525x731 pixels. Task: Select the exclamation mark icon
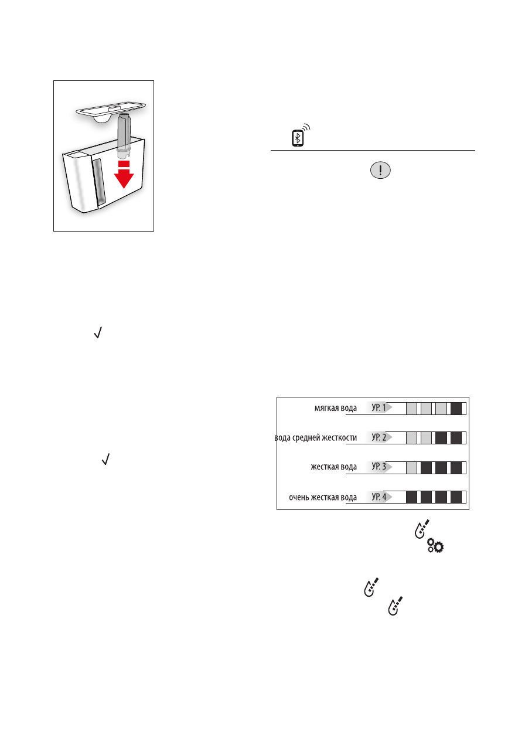381,171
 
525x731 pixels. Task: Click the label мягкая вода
335,409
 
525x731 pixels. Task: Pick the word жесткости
342,438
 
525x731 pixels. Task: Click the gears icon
436,546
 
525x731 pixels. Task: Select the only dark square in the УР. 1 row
456,408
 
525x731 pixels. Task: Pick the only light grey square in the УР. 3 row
412,468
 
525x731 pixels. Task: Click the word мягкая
325,409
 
